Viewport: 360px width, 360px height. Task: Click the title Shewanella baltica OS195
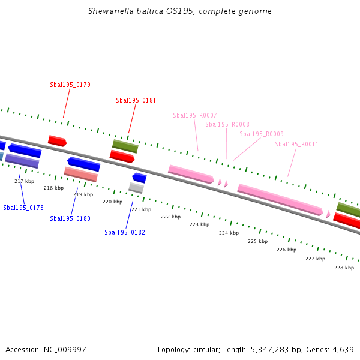(179, 11)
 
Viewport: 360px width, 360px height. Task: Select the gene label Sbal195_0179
(70, 85)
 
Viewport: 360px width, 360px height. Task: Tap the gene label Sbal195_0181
(136, 100)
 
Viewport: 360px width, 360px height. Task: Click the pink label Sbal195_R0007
(195, 115)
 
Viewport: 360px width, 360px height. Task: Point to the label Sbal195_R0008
(227, 124)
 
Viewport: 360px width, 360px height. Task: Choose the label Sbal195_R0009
(262, 134)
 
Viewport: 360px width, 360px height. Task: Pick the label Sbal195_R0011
(297, 144)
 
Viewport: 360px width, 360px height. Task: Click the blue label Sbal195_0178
(23, 208)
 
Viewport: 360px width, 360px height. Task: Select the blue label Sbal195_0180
(70, 218)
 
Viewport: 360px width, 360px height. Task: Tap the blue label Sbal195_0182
(125, 232)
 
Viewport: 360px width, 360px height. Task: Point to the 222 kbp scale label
(171, 217)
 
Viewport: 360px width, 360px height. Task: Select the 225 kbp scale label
(257, 241)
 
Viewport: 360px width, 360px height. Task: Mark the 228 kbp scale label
(344, 268)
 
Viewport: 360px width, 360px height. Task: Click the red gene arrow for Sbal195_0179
(57, 141)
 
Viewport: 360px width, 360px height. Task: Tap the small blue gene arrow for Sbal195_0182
(139, 178)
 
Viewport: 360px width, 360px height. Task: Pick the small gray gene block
(136, 188)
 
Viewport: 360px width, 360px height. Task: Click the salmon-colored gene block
(80, 174)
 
